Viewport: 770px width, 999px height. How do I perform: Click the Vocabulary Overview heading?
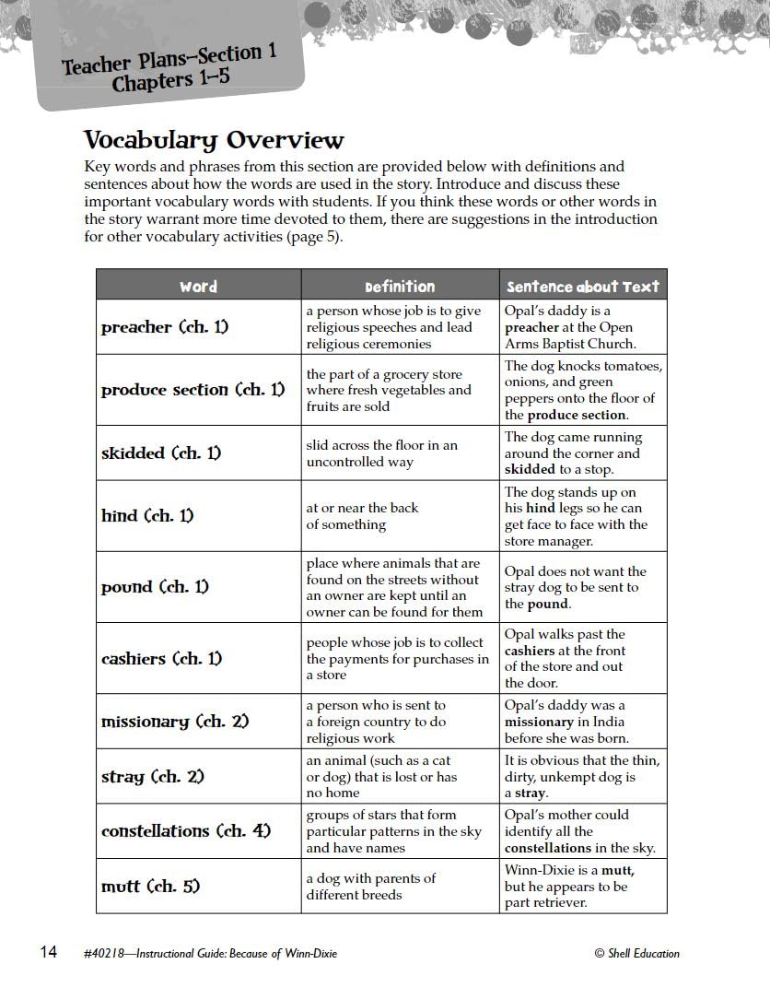214,140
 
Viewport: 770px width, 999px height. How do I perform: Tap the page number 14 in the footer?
48,952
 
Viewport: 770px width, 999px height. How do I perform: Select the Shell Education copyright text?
636,953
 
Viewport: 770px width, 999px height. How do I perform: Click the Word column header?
198,286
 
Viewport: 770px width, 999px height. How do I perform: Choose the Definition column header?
400,286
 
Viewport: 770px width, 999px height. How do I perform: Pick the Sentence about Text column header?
583,286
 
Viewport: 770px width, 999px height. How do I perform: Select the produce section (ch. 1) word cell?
193,390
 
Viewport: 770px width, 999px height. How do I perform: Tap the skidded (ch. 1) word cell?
161,453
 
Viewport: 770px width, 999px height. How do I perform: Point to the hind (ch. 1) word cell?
147,516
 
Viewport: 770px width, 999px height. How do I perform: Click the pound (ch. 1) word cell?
155,587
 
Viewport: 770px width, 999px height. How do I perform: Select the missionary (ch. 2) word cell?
175,722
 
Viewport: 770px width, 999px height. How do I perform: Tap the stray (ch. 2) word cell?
153,777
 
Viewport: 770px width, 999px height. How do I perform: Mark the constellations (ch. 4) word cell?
186,831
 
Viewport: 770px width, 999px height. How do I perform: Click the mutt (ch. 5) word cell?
150,887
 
